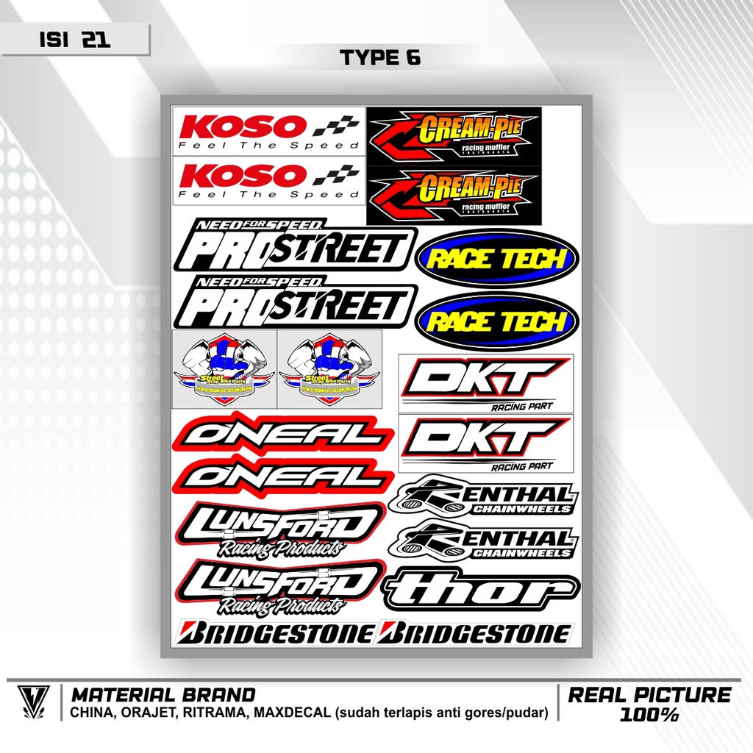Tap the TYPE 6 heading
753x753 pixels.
coord(380,58)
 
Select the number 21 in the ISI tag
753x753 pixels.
coord(96,40)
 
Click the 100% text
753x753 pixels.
coord(650,714)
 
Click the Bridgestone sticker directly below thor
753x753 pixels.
coord(474,633)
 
